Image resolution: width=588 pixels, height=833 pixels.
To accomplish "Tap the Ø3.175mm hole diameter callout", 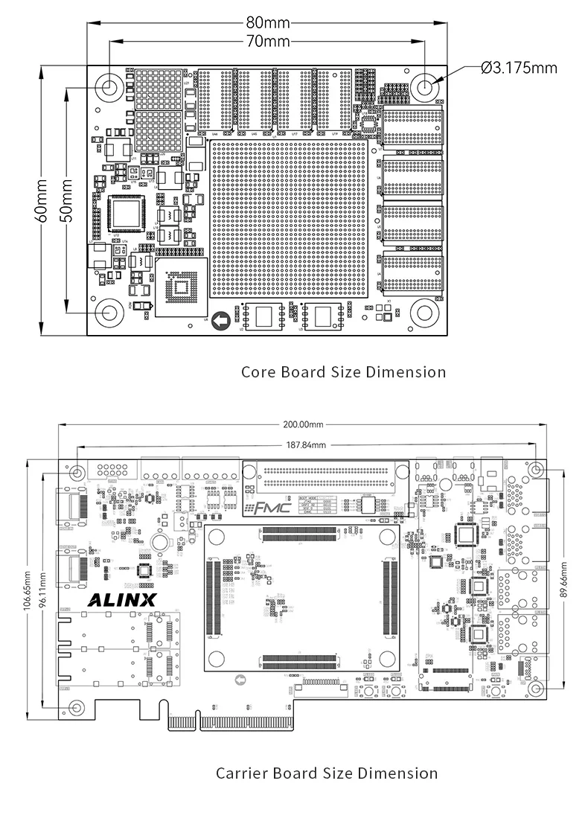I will [520, 68].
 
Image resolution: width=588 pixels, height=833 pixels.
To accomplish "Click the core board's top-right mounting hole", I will [425, 87].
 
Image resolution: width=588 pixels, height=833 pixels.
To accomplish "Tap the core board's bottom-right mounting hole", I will [425, 313].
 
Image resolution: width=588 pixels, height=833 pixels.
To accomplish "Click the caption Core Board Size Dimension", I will [343, 371].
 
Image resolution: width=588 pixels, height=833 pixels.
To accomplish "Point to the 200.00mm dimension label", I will [303, 425].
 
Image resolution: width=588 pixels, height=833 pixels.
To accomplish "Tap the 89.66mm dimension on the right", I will [563, 578].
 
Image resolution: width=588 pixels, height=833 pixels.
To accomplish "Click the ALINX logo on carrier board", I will [123, 600].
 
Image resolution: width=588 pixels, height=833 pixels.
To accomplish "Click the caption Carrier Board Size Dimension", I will [327, 773].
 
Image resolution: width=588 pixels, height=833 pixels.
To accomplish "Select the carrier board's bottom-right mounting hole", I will [536, 689].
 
